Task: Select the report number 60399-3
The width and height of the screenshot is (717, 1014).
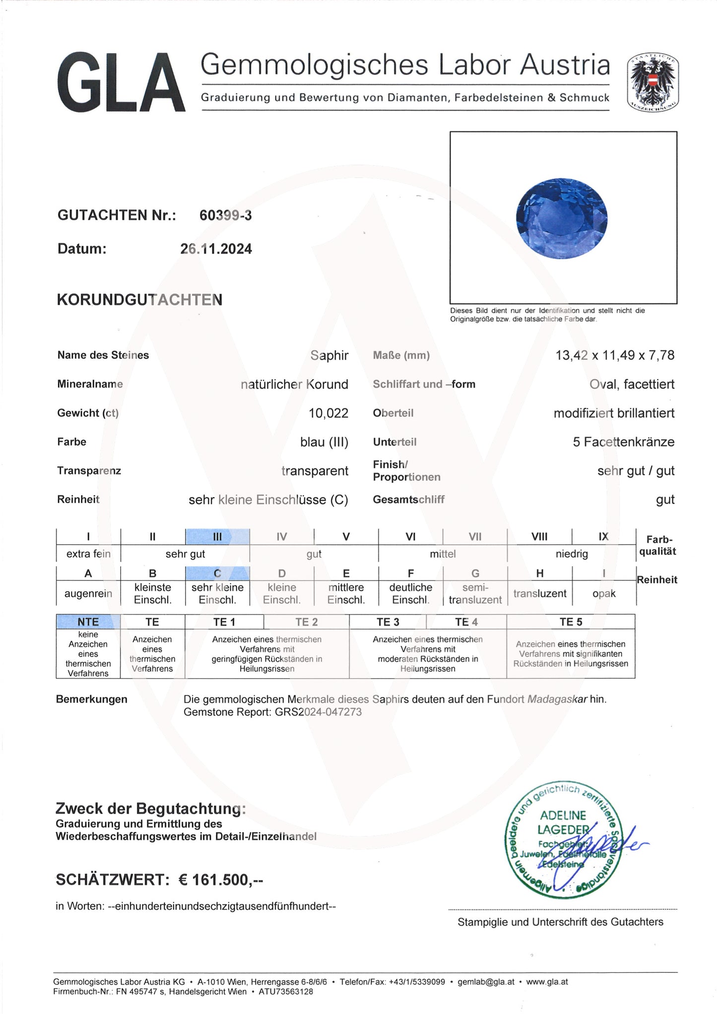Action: point(225,215)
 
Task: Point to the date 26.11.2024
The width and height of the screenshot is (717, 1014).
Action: point(216,249)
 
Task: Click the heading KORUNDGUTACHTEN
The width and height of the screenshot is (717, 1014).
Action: point(139,300)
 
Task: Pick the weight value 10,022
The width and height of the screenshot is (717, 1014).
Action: point(328,413)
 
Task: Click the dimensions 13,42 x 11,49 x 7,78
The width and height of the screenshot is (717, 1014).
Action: point(615,355)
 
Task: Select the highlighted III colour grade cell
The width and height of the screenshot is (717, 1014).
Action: point(217,536)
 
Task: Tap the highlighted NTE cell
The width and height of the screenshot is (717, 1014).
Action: point(88,622)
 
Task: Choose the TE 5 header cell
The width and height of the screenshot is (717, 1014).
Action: point(571,622)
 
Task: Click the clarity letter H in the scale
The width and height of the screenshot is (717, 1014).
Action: point(539,573)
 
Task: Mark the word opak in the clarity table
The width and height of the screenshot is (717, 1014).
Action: point(603,594)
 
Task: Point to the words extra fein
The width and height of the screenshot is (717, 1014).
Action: point(88,554)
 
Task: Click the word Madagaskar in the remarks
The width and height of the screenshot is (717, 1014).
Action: point(557,699)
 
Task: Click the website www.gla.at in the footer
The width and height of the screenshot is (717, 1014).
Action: point(547,982)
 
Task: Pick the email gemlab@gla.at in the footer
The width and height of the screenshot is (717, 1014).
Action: point(486,982)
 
